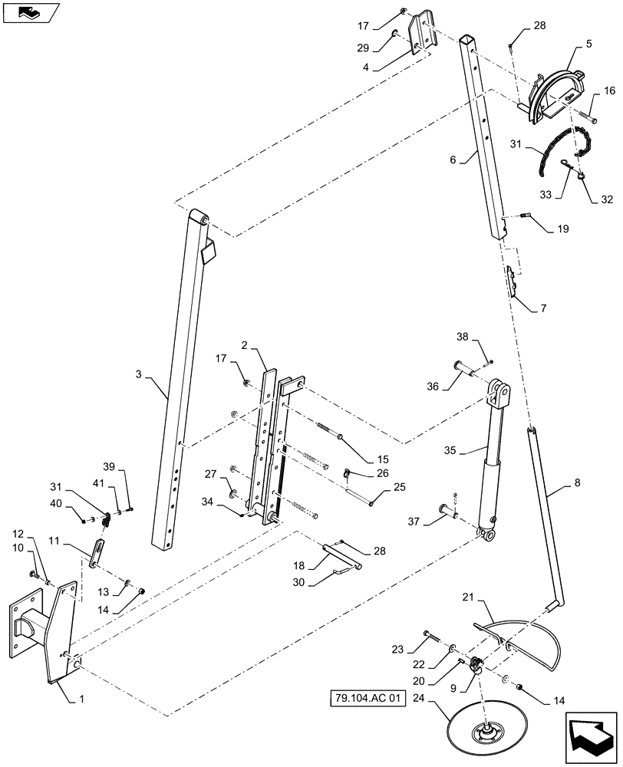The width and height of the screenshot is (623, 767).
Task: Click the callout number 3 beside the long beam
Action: point(139,374)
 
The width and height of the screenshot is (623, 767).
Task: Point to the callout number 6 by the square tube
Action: point(453,160)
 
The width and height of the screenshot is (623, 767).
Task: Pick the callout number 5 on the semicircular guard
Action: point(588,44)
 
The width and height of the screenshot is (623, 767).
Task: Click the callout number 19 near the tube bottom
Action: point(562,229)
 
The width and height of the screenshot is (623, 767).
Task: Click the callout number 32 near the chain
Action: point(607,199)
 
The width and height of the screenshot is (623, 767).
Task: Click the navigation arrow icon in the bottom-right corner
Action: point(591,736)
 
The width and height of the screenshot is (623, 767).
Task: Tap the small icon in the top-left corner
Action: point(29,12)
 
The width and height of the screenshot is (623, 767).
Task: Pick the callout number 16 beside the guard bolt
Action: point(609,91)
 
